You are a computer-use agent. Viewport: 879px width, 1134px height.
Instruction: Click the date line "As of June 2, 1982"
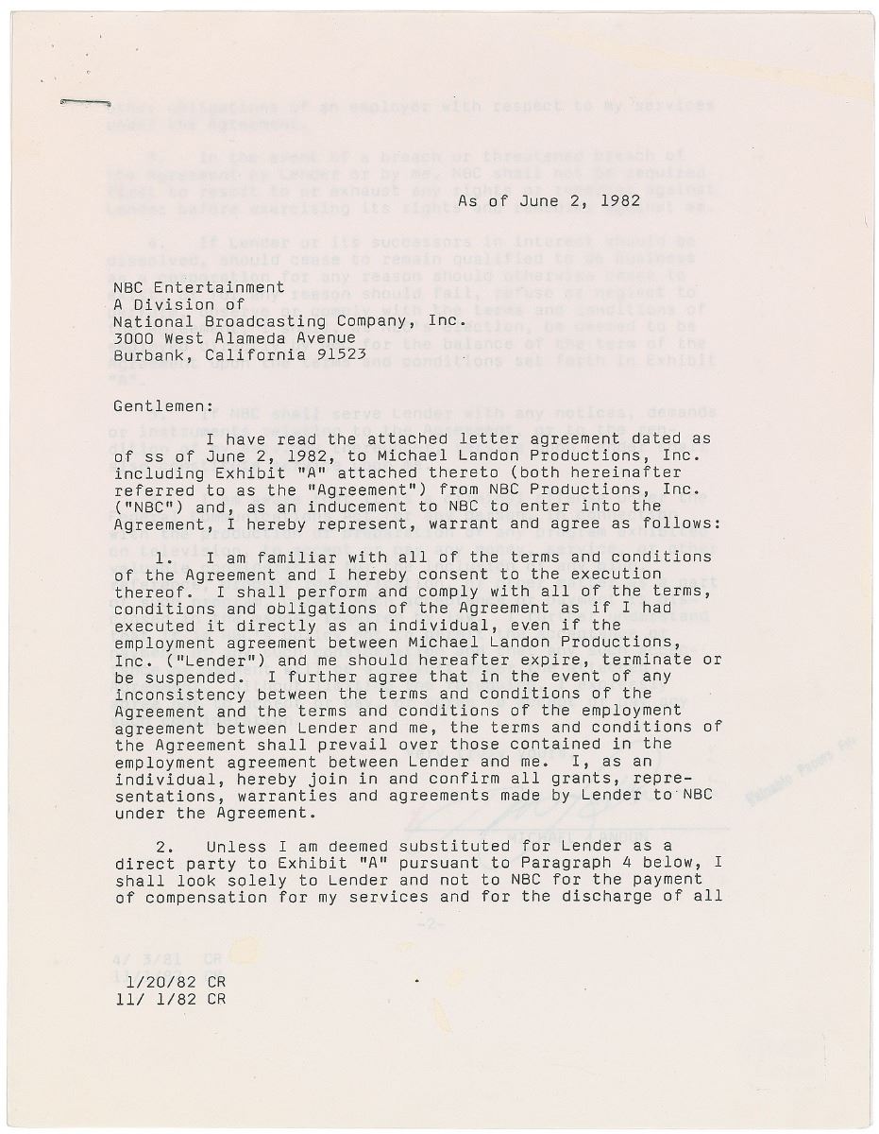point(549,200)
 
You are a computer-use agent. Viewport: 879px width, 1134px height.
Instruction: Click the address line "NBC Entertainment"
point(198,286)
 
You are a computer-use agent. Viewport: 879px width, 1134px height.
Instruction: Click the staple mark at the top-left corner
point(85,100)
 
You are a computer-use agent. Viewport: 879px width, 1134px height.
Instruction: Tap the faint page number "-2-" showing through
point(430,924)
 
